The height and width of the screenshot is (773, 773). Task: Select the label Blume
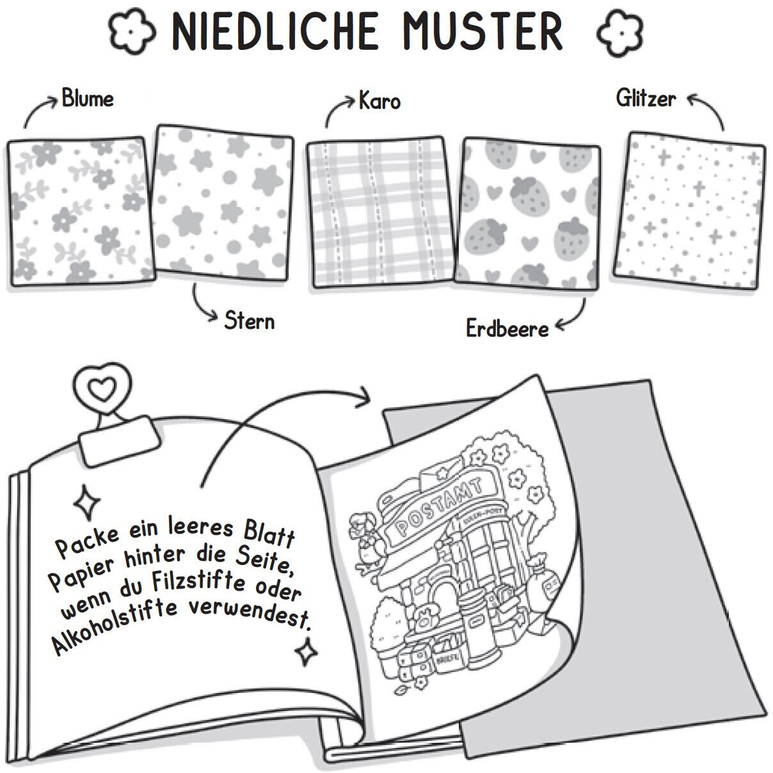88,99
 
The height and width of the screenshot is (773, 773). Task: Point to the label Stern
249,321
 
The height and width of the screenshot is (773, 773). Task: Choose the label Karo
379,101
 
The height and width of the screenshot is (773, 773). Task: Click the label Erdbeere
507,329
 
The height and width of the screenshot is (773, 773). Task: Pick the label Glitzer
646,99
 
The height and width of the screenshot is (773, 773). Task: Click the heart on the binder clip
104,388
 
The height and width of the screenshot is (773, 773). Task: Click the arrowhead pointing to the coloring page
364,395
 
